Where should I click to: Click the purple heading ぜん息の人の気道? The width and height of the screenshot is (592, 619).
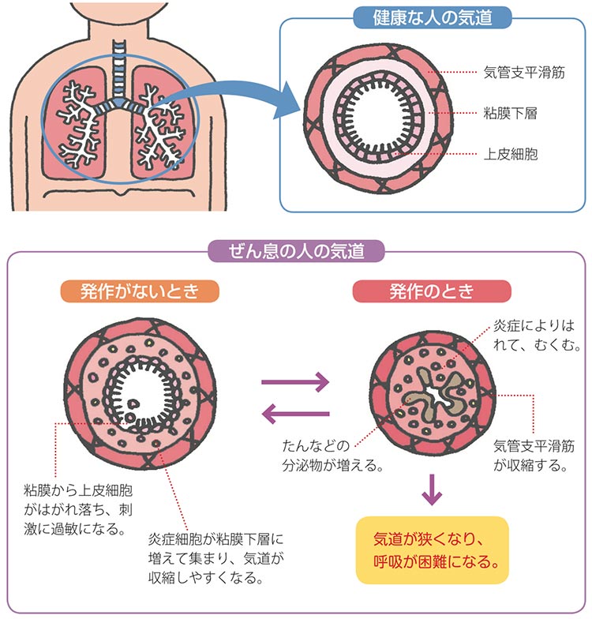(296, 252)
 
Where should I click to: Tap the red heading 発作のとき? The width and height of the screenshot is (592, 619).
(431, 291)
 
